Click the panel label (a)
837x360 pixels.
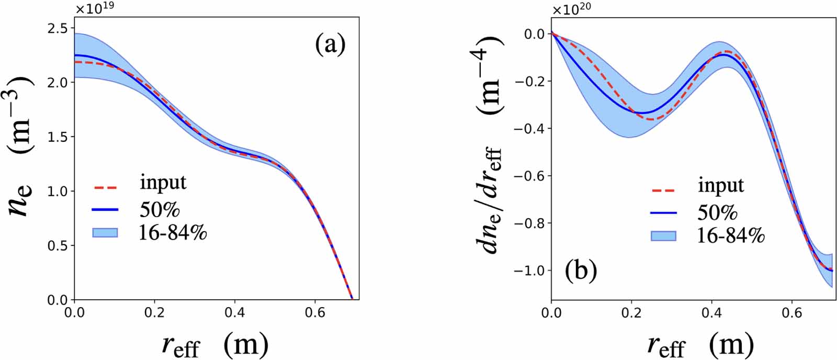331,45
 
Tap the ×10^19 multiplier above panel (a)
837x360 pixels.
94,9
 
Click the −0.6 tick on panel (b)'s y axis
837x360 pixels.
530,176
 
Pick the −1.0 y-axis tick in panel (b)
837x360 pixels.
530,271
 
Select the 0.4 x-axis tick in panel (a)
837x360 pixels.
234,313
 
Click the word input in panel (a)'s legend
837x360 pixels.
163,182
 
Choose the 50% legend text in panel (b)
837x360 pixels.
717,212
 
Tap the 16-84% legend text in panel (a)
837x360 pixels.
173,232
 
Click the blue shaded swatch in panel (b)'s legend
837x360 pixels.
663,236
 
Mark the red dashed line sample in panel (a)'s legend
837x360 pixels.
105,187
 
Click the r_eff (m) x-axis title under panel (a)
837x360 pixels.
215,346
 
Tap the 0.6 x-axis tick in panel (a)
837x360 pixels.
314,313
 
